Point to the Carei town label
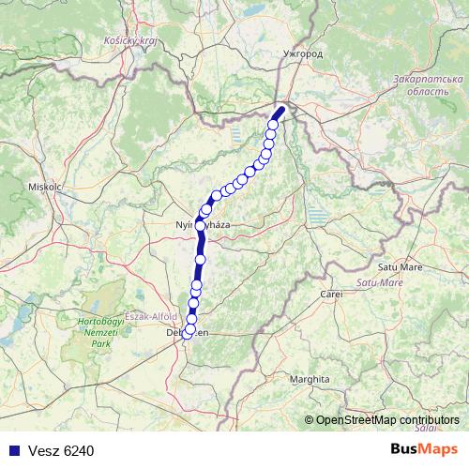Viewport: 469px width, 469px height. point(331,295)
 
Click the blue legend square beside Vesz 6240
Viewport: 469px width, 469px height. point(13,450)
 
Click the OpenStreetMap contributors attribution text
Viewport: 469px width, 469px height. point(386,419)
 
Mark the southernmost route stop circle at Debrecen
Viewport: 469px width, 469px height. point(188,332)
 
